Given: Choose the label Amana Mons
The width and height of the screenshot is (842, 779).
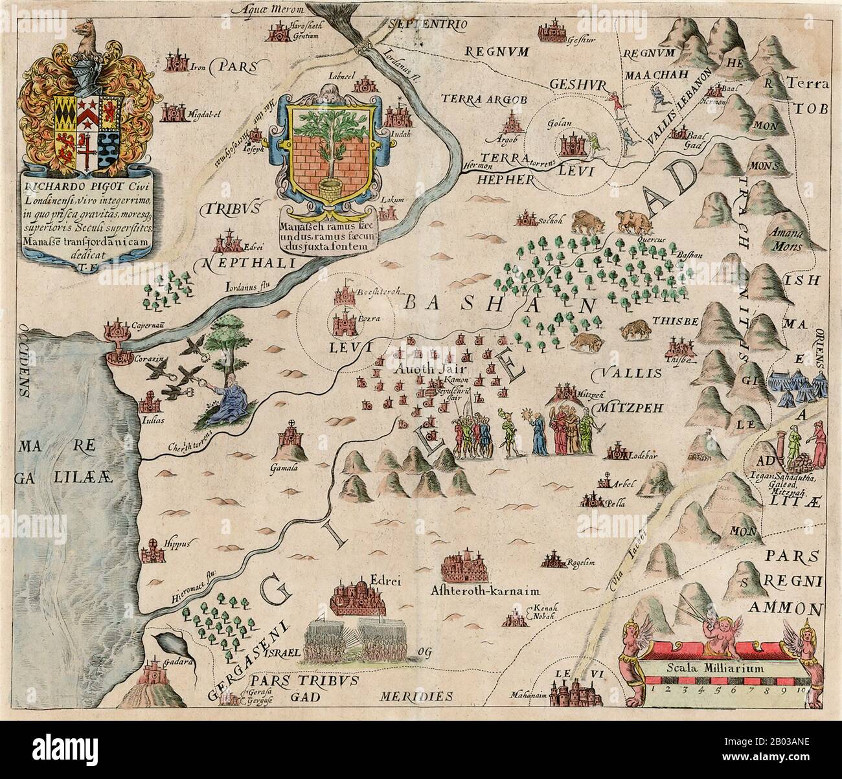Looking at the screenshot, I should pos(782,241).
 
